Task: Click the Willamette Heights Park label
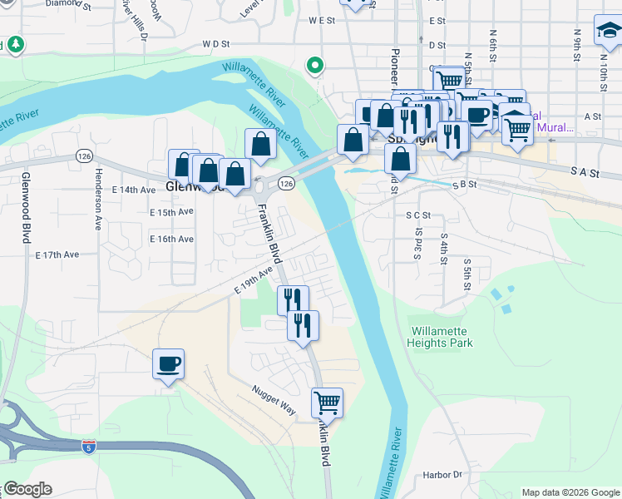(441, 336)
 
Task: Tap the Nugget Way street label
(275, 398)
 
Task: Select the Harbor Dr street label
(441, 475)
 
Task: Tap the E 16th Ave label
(171, 239)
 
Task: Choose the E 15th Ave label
(171, 212)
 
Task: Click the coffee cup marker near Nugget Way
(168, 363)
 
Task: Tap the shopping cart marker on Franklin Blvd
(327, 403)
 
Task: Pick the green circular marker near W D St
(315, 64)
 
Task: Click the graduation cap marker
(608, 32)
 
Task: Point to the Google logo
(27, 489)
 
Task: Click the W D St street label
(215, 42)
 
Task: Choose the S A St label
(585, 170)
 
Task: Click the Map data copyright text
(570, 492)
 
